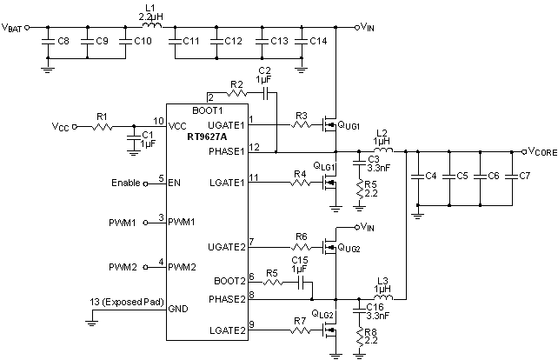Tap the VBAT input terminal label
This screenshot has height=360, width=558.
pyautogui.click(x=13, y=27)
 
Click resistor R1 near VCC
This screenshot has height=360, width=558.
pyautogui.click(x=102, y=127)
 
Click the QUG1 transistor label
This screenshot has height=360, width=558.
pyautogui.click(x=348, y=126)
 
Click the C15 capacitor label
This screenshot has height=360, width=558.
pyautogui.click(x=299, y=261)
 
